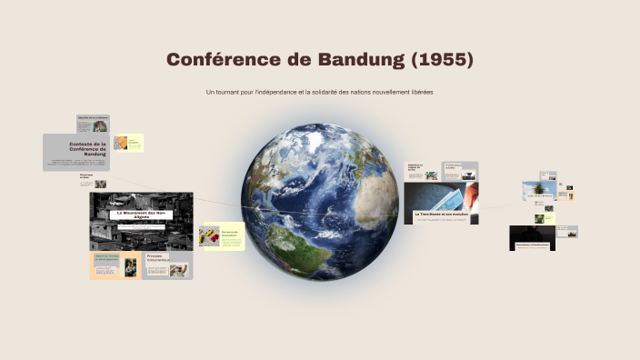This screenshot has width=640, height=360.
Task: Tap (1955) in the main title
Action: (x=443, y=60)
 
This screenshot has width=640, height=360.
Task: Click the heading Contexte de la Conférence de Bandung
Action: (x=88, y=148)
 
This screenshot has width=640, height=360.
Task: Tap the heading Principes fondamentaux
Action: (x=160, y=258)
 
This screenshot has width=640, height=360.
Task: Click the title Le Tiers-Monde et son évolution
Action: (x=440, y=215)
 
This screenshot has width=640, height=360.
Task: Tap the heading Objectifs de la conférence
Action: (x=93, y=118)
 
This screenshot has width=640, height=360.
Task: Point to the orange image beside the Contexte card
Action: (x=120, y=143)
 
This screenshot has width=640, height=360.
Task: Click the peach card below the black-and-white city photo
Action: (x=114, y=265)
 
